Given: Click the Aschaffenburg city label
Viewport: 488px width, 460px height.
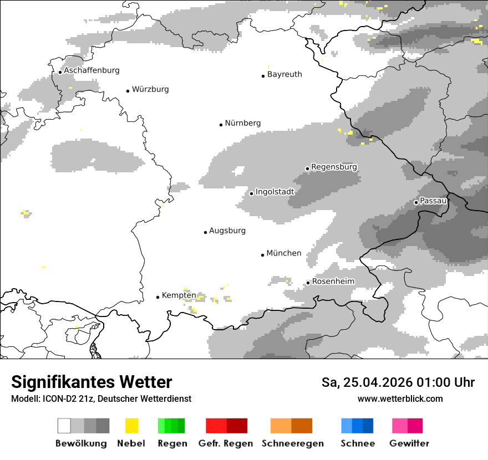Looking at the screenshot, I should [x=91, y=70].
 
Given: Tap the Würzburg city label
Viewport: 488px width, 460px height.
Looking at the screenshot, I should [x=150, y=89].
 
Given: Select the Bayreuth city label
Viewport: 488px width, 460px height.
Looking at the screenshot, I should [x=284, y=74].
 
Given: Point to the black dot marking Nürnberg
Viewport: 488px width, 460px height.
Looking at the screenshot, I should [x=221, y=125].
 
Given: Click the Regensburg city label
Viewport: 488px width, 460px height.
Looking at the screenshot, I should [x=334, y=167].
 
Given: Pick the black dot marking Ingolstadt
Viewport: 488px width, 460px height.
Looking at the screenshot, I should [x=251, y=193].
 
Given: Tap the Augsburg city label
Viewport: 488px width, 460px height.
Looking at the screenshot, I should [x=227, y=231].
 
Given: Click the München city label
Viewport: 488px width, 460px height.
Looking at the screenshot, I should [x=284, y=253].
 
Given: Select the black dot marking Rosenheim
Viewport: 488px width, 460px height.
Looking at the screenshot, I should [x=308, y=283].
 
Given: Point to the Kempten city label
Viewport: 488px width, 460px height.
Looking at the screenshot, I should [x=179, y=295].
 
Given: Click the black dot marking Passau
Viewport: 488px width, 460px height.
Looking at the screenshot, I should [x=416, y=202].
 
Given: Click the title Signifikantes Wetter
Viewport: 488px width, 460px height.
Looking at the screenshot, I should [x=91, y=382].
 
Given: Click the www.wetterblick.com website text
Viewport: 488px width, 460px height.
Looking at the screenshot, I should [x=400, y=399].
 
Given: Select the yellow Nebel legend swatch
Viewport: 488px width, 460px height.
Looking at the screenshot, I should [x=132, y=426].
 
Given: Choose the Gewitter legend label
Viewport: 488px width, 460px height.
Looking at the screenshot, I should [x=409, y=443].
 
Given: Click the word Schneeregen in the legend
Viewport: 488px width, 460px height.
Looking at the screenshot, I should [x=293, y=443].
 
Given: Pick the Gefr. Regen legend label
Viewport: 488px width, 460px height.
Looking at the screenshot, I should [x=226, y=443].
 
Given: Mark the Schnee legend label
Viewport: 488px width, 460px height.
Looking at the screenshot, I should [x=358, y=443].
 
